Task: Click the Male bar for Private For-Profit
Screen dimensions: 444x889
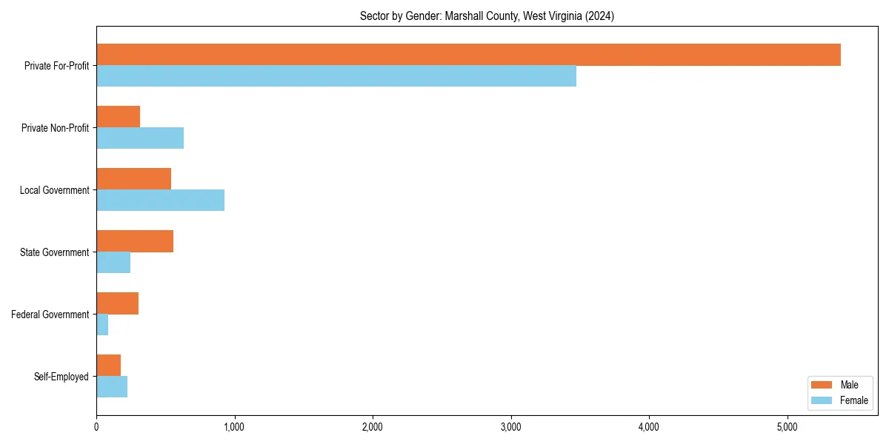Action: click(468, 55)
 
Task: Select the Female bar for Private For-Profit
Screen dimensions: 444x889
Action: click(336, 75)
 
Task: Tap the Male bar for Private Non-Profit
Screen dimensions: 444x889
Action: click(119, 117)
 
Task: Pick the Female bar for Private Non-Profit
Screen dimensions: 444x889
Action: click(140, 138)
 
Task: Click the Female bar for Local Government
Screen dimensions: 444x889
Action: click(160, 200)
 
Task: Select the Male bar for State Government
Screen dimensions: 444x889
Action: click(135, 241)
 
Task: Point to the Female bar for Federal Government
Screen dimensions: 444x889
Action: click(102, 324)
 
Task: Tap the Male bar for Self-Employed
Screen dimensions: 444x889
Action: click(109, 366)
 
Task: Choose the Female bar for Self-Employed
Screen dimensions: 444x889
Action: click(112, 386)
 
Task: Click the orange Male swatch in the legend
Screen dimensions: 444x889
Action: click(822, 385)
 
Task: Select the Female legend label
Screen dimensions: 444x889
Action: click(854, 400)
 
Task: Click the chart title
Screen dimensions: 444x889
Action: click(487, 16)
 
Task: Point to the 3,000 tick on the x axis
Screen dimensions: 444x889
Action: click(510, 426)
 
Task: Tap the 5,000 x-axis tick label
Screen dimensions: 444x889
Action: click(787, 426)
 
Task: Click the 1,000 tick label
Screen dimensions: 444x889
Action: click(234, 426)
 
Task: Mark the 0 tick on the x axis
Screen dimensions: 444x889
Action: click(96, 426)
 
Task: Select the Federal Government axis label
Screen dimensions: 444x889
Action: click(50, 314)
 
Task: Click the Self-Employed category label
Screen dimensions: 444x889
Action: click(61, 377)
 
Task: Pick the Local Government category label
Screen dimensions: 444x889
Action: click(55, 190)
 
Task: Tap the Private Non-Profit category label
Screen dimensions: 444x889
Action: click(56, 128)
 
